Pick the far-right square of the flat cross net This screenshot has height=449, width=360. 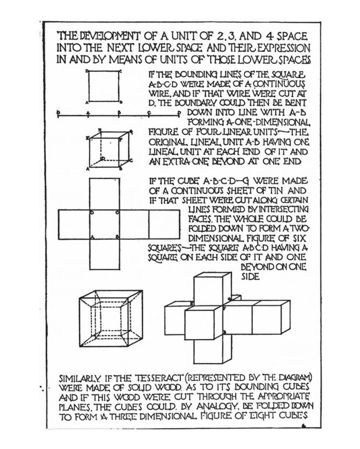click(164, 224)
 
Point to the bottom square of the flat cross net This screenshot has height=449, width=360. click(104, 254)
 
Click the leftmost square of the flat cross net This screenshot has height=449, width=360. click(74, 224)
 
